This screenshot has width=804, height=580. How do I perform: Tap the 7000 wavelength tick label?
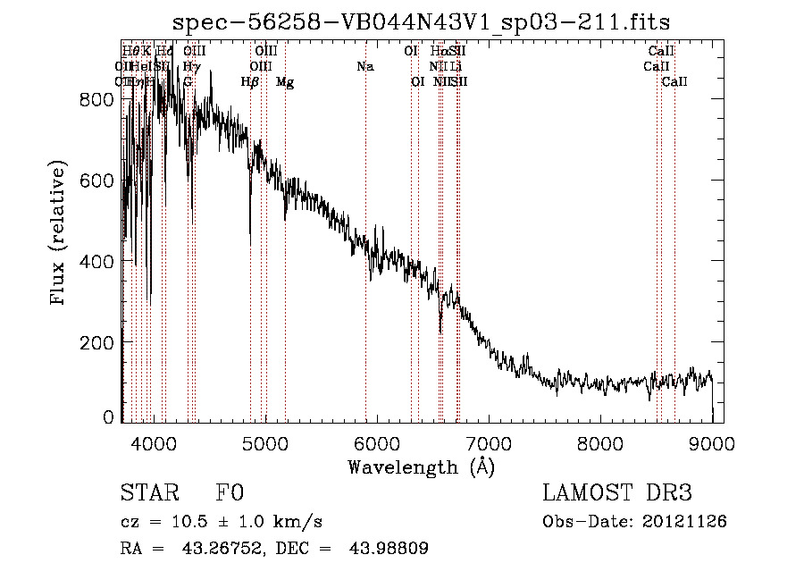(x=488, y=441)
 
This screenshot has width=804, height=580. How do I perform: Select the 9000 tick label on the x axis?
(x=711, y=441)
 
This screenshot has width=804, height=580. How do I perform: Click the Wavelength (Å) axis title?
(x=421, y=467)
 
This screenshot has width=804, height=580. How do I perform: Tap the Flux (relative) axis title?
(x=60, y=235)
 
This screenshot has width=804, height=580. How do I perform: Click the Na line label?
(x=364, y=67)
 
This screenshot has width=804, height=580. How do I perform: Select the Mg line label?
(x=285, y=82)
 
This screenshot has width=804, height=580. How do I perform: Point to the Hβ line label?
(x=250, y=82)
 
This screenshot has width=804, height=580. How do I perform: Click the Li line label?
(x=456, y=67)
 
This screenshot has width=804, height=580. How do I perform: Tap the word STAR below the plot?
(x=149, y=494)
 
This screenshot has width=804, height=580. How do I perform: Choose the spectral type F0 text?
(x=230, y=494)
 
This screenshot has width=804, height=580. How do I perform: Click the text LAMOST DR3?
(x=617, y=494)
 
